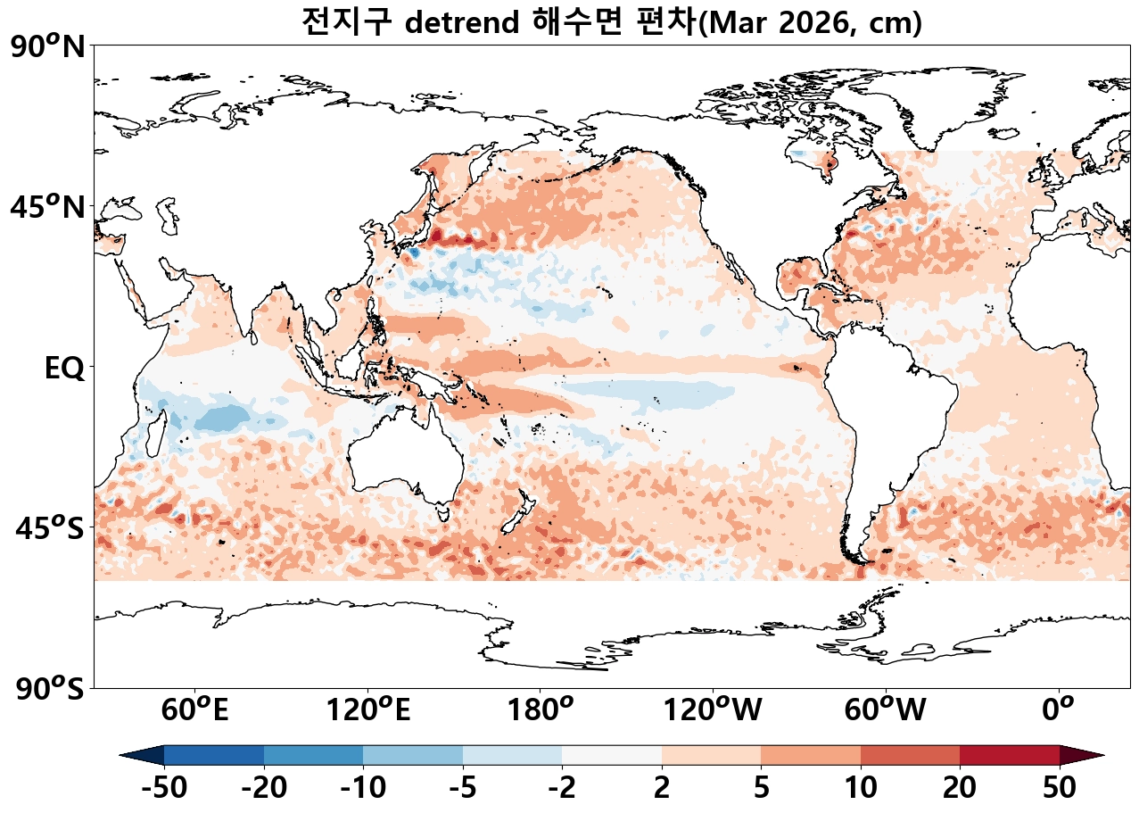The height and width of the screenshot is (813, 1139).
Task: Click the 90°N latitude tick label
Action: [49, 47]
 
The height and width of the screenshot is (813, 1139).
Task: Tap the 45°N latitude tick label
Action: [49, 208]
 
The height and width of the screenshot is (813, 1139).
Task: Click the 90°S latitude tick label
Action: [49, 689]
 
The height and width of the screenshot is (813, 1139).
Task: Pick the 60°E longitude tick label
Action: [195, 710]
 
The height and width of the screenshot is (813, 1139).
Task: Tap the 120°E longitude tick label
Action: [368, 710]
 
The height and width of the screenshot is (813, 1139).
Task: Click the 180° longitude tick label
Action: [541, 710]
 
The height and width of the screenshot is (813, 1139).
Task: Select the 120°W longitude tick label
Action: [713, 710]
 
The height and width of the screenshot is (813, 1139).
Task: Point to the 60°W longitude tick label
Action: [886, 710]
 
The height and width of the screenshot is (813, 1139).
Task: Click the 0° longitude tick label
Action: [1059, 710]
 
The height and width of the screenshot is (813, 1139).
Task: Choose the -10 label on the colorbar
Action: [363, 788]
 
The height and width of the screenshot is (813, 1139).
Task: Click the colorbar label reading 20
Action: [960, 788]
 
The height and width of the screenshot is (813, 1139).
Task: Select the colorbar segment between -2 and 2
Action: [612, 755]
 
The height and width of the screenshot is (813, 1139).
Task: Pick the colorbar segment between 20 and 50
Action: [1010, 755]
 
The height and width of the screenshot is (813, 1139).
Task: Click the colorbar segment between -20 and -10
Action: [313, 755]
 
